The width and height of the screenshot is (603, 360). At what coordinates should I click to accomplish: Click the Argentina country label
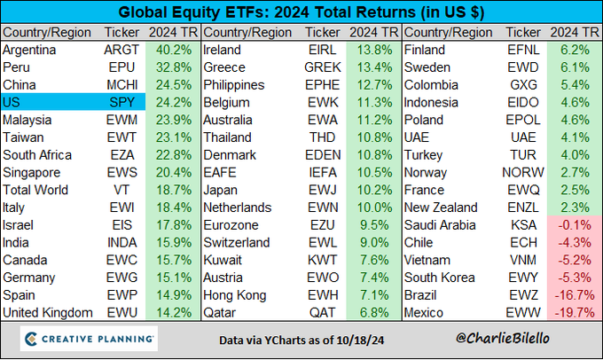30,50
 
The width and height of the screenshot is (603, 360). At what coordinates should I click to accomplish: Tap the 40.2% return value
174,50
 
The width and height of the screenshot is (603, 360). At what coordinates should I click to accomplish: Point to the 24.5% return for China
174,84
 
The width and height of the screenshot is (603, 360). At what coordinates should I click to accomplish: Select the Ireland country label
222,50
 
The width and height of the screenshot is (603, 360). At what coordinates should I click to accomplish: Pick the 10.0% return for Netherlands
374,207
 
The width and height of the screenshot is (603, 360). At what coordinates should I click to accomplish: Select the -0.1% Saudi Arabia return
575,224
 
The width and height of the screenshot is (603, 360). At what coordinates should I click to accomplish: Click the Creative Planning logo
89,338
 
